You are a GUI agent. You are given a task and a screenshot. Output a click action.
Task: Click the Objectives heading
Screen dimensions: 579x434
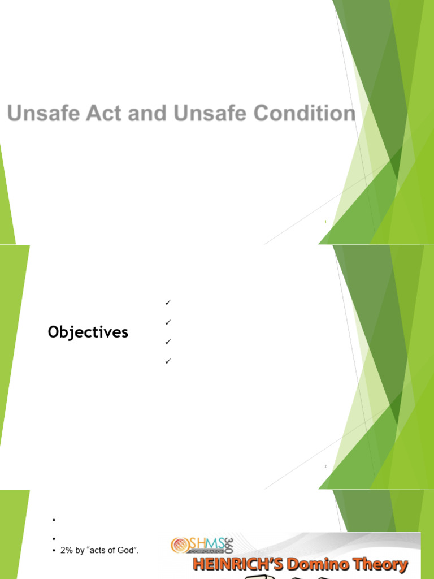coord(88,332)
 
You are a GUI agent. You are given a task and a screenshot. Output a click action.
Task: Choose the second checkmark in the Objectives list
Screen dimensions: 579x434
coord(168,322)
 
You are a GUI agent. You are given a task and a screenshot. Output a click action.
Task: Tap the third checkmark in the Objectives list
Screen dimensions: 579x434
coord(168,342)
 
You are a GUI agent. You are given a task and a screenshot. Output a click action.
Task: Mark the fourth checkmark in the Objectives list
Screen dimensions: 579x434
coord(168,361)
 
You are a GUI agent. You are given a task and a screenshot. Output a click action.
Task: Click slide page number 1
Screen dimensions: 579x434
coord(326,222)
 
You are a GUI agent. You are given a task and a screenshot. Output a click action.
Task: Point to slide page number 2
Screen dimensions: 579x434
coord(326,467)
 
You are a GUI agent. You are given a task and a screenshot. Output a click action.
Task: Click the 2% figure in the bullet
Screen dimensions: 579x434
coord(66,550)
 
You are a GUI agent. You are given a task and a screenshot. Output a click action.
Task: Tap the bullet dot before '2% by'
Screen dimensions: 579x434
coord(53,550)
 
